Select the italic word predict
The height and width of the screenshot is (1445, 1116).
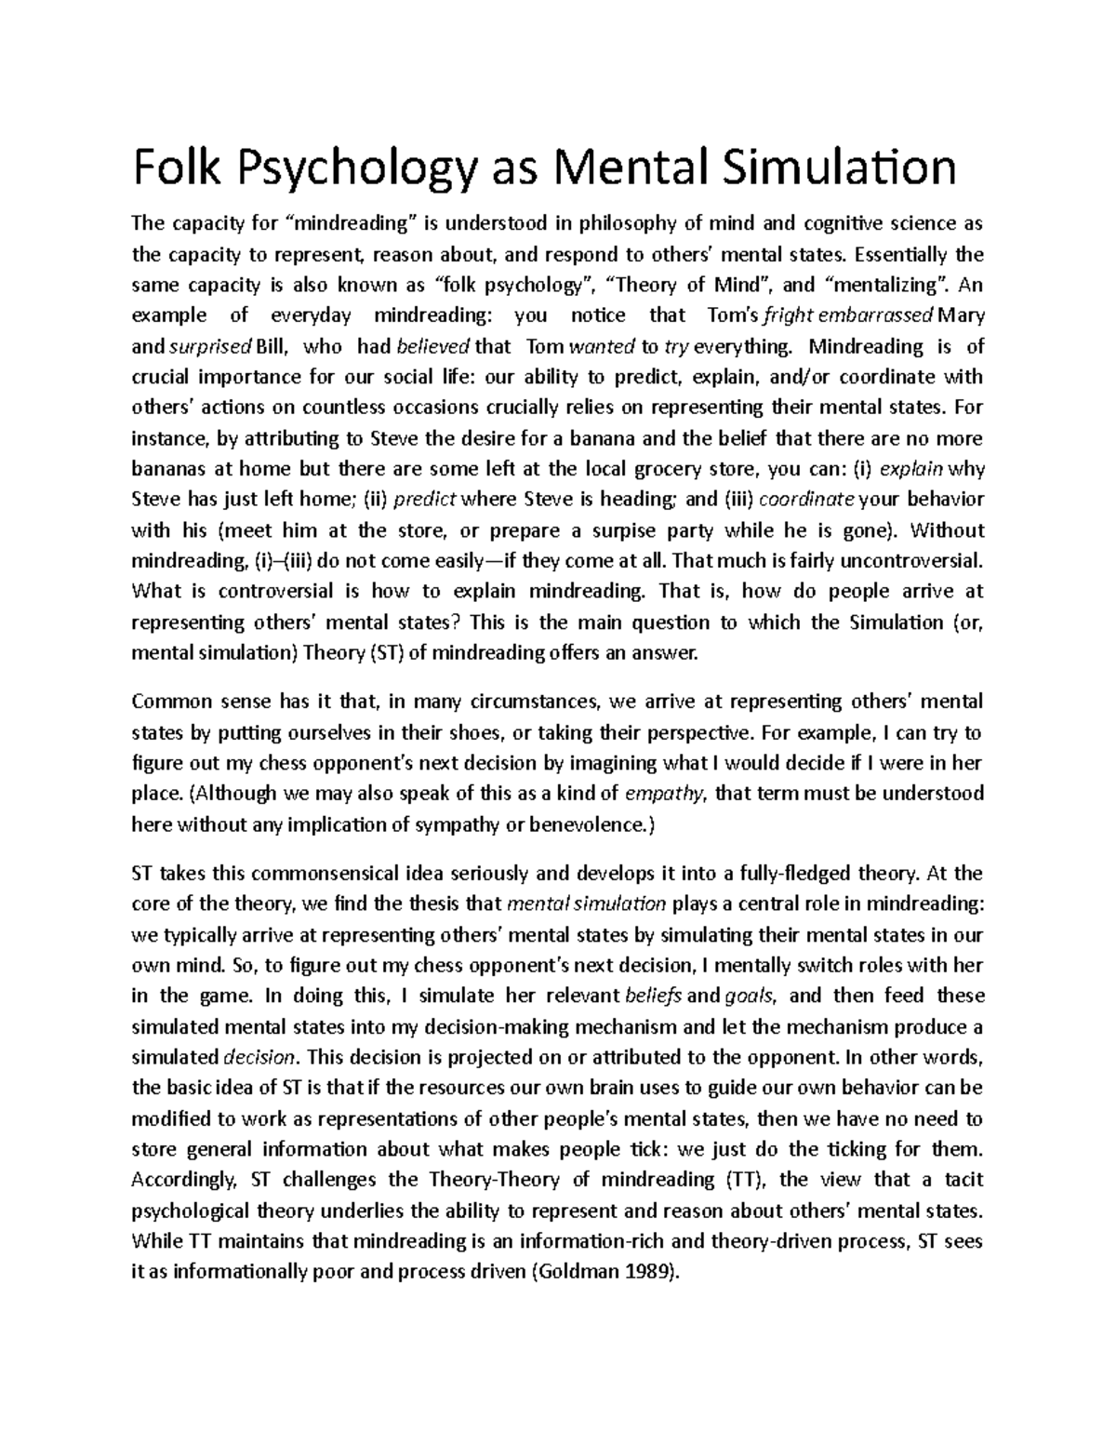pos(425,500)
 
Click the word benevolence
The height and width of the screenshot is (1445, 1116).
pos(587,824)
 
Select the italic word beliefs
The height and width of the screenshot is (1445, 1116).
pos(654,996)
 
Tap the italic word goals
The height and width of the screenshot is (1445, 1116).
pos(754,996)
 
